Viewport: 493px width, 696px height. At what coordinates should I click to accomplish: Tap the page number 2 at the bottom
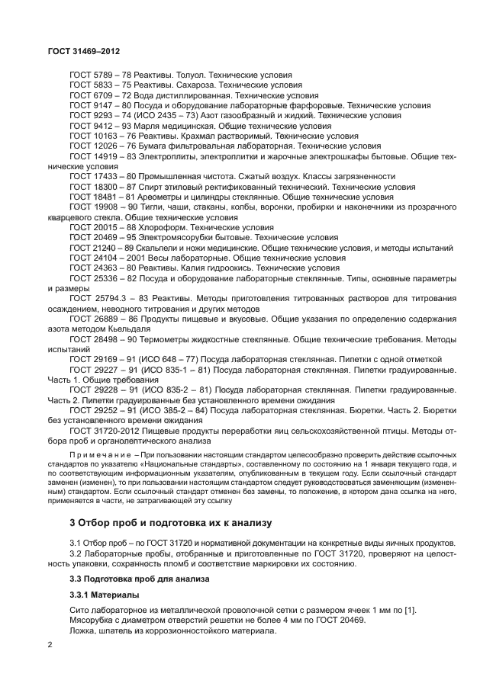[x=50, y=645]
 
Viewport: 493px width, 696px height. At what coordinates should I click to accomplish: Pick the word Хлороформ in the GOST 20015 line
[x=164, y=226]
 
